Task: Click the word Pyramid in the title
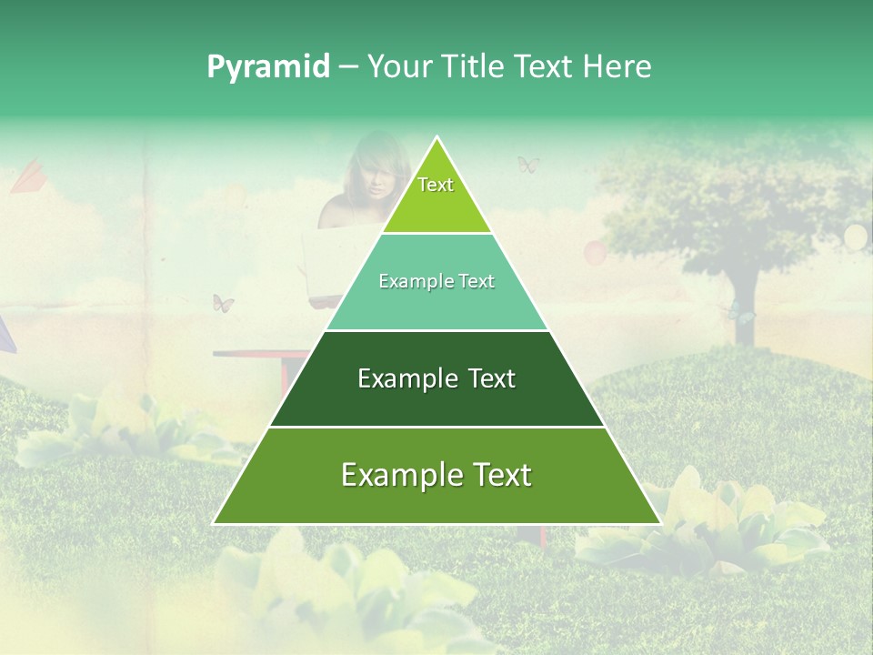[x=268, y=67]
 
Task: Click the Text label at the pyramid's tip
[x=436, y=185]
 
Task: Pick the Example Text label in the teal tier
[x=436, y=281]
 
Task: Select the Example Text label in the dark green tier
[x=436, y=378]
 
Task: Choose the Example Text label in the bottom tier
[x=436, y=475]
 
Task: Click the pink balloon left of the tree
[x=594, y=251]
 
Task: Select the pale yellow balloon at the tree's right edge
[x=856, y=237]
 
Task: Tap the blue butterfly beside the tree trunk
[x=741, y=315]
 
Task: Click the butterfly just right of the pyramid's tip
[x=528, y=165]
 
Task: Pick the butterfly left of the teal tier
[x=223, y=303]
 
